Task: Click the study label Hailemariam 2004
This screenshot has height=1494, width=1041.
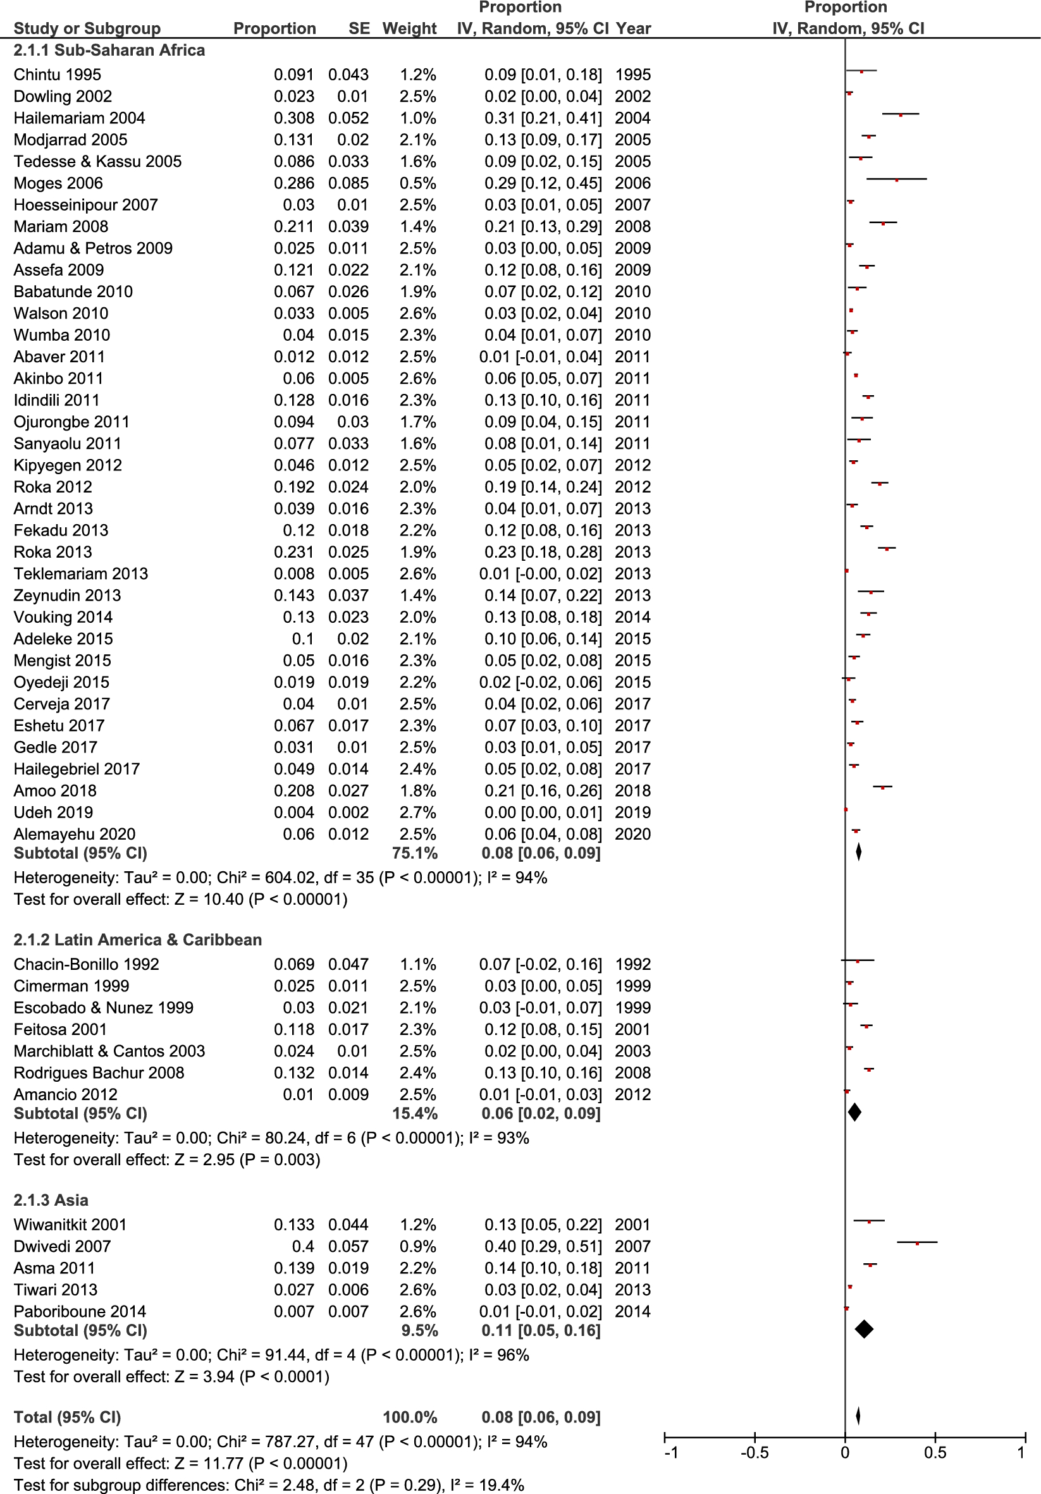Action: pyautogui.click(x=79, y=118)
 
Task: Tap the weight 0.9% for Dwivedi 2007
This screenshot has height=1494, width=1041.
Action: pyautogui.click(x=419, y=1246)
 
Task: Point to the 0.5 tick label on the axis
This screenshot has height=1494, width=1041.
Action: pyautogui.click(x=935, y=1452)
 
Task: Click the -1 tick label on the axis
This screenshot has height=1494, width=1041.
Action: pyautogui.click(x=670, y=1452)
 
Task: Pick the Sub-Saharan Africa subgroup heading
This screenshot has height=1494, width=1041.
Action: pyautogui.click(x=109, y=50)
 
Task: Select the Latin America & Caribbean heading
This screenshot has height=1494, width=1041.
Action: pyautogui.click(x=137, y=940)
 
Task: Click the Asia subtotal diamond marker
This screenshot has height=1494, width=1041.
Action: pyautogui.click(x=864, y=1330)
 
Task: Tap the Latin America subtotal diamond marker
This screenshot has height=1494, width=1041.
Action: pyautogui.click(x=855, y=1112)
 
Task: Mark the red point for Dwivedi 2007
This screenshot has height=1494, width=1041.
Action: pyautogui.click(x=917, y=1244)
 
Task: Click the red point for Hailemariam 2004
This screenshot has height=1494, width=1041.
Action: pyautogui.click(x=901, y=115)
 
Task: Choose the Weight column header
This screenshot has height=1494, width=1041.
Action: pyautogui.click(x=409, y=28)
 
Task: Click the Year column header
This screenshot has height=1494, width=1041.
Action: pyautogui.click(x=634, y=28)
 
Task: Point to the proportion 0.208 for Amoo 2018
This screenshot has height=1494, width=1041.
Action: pyautogui.click(x=293, y=790)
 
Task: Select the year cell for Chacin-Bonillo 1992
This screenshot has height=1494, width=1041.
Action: pyautogui.click(x=633, y=964)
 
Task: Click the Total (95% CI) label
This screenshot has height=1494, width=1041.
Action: pyautogui.click(x=67, y=1417)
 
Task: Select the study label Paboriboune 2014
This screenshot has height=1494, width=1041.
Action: pyautogui.click(x=80, y=1311)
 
